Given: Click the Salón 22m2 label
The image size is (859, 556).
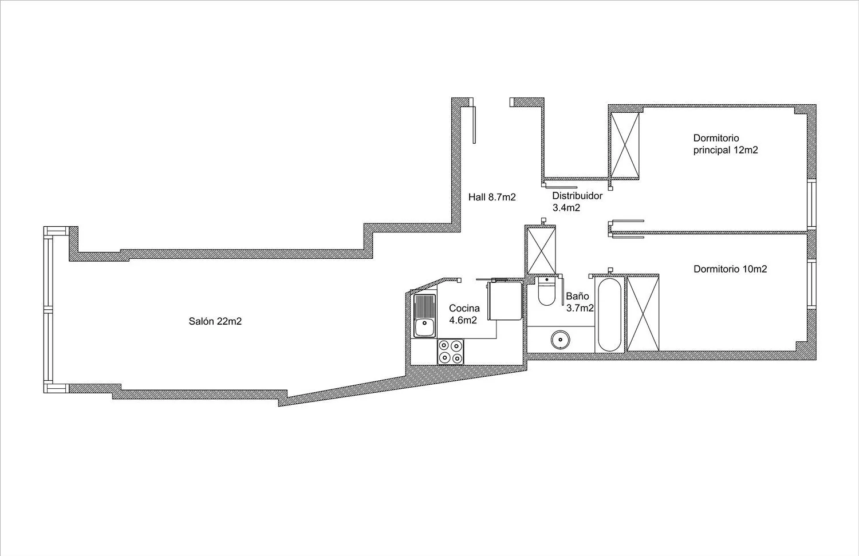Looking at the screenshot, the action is [x=215, y=321].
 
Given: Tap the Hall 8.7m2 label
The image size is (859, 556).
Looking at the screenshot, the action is [x=492, y=197].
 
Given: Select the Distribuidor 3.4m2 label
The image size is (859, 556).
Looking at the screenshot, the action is [x=577, y=202].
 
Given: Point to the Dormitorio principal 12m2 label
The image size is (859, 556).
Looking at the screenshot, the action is [x=726, y=144].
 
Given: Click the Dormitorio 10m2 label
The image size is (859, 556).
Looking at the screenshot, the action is [x=730, y=269].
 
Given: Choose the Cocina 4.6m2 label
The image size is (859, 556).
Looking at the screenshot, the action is [x=464, y=314].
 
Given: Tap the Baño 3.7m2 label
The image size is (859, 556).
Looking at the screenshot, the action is [x=580, y=302].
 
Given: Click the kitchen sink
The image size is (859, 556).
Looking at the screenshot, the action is [x=424, y=316].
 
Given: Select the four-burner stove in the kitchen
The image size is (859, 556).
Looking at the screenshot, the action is [x=451, y=352].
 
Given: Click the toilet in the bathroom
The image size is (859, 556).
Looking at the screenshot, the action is [x=546, y=291].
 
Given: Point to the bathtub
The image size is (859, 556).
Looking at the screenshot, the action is [x=610, y=314].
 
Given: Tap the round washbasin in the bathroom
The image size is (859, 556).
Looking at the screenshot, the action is [x=560, y=340].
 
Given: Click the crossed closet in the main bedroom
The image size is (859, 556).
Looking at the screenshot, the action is [x=625, y=145].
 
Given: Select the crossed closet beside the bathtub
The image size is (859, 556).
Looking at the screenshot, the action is [x=643, y=314].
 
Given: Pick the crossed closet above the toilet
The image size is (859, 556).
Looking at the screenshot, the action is [x=541, y=251].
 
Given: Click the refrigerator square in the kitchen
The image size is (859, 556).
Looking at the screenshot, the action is [x=505, y=301].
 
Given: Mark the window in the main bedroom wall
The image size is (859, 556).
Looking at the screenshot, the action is [x=811, y=204].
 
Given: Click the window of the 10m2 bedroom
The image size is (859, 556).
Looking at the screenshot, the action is [x=811, y=285].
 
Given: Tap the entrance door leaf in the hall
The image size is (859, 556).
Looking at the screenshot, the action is [x=474, y=125].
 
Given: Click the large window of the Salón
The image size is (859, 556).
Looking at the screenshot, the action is [x=48, y=310].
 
